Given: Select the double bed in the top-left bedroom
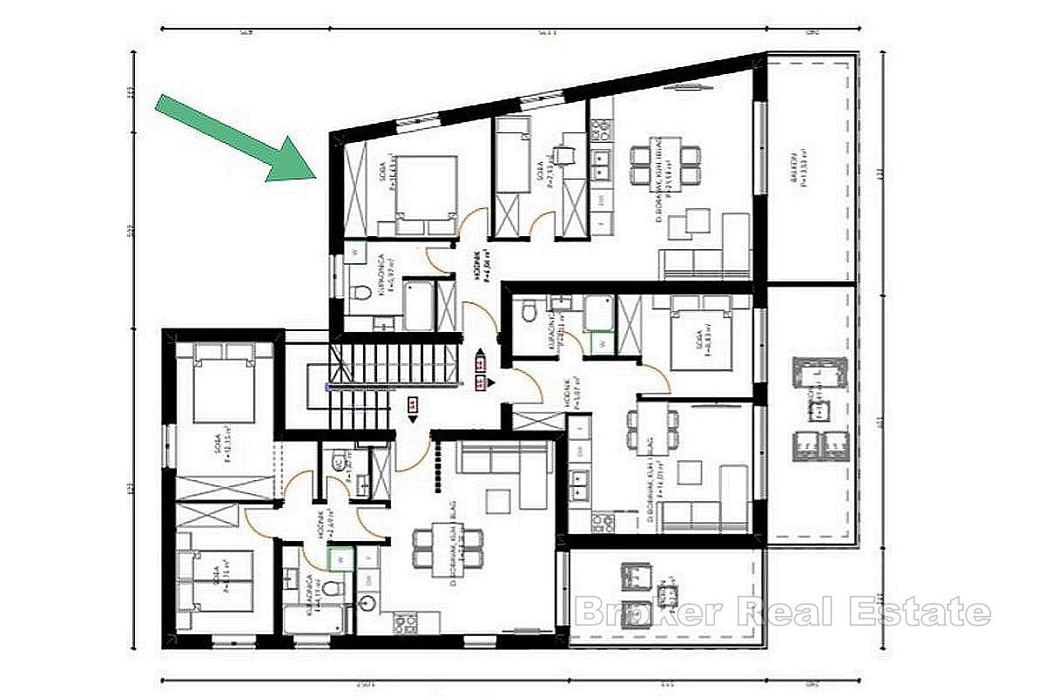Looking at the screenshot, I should click(427, 196).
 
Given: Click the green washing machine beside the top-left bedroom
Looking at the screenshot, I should click(355, 252).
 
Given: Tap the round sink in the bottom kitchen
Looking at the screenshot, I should click(367, 602).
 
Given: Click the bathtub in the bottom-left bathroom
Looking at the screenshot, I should click(314, 619).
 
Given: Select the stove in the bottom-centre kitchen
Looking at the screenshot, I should click(406, 623).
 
